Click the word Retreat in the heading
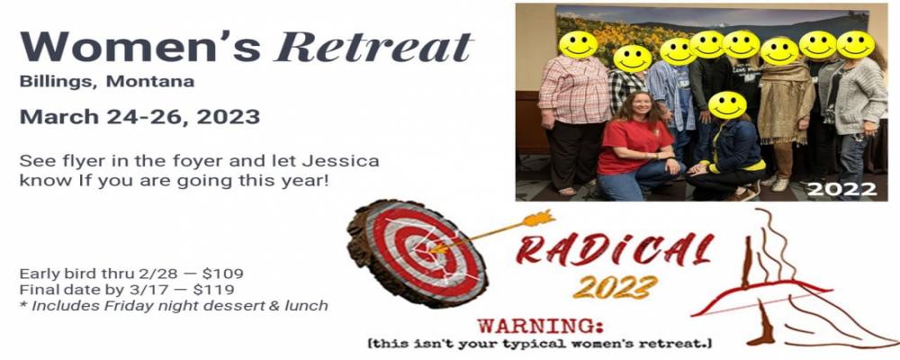click(x=373, y=46)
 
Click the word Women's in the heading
click(x=140, y=46)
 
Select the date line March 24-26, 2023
click(x=139, y=117)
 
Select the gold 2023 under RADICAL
click(x=616, y=286)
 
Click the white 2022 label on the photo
click(x=841, y=189)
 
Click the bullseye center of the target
click(x=426, y=251)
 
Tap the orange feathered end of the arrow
click(x=539, y=218)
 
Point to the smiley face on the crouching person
click(x=727, y=105)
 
